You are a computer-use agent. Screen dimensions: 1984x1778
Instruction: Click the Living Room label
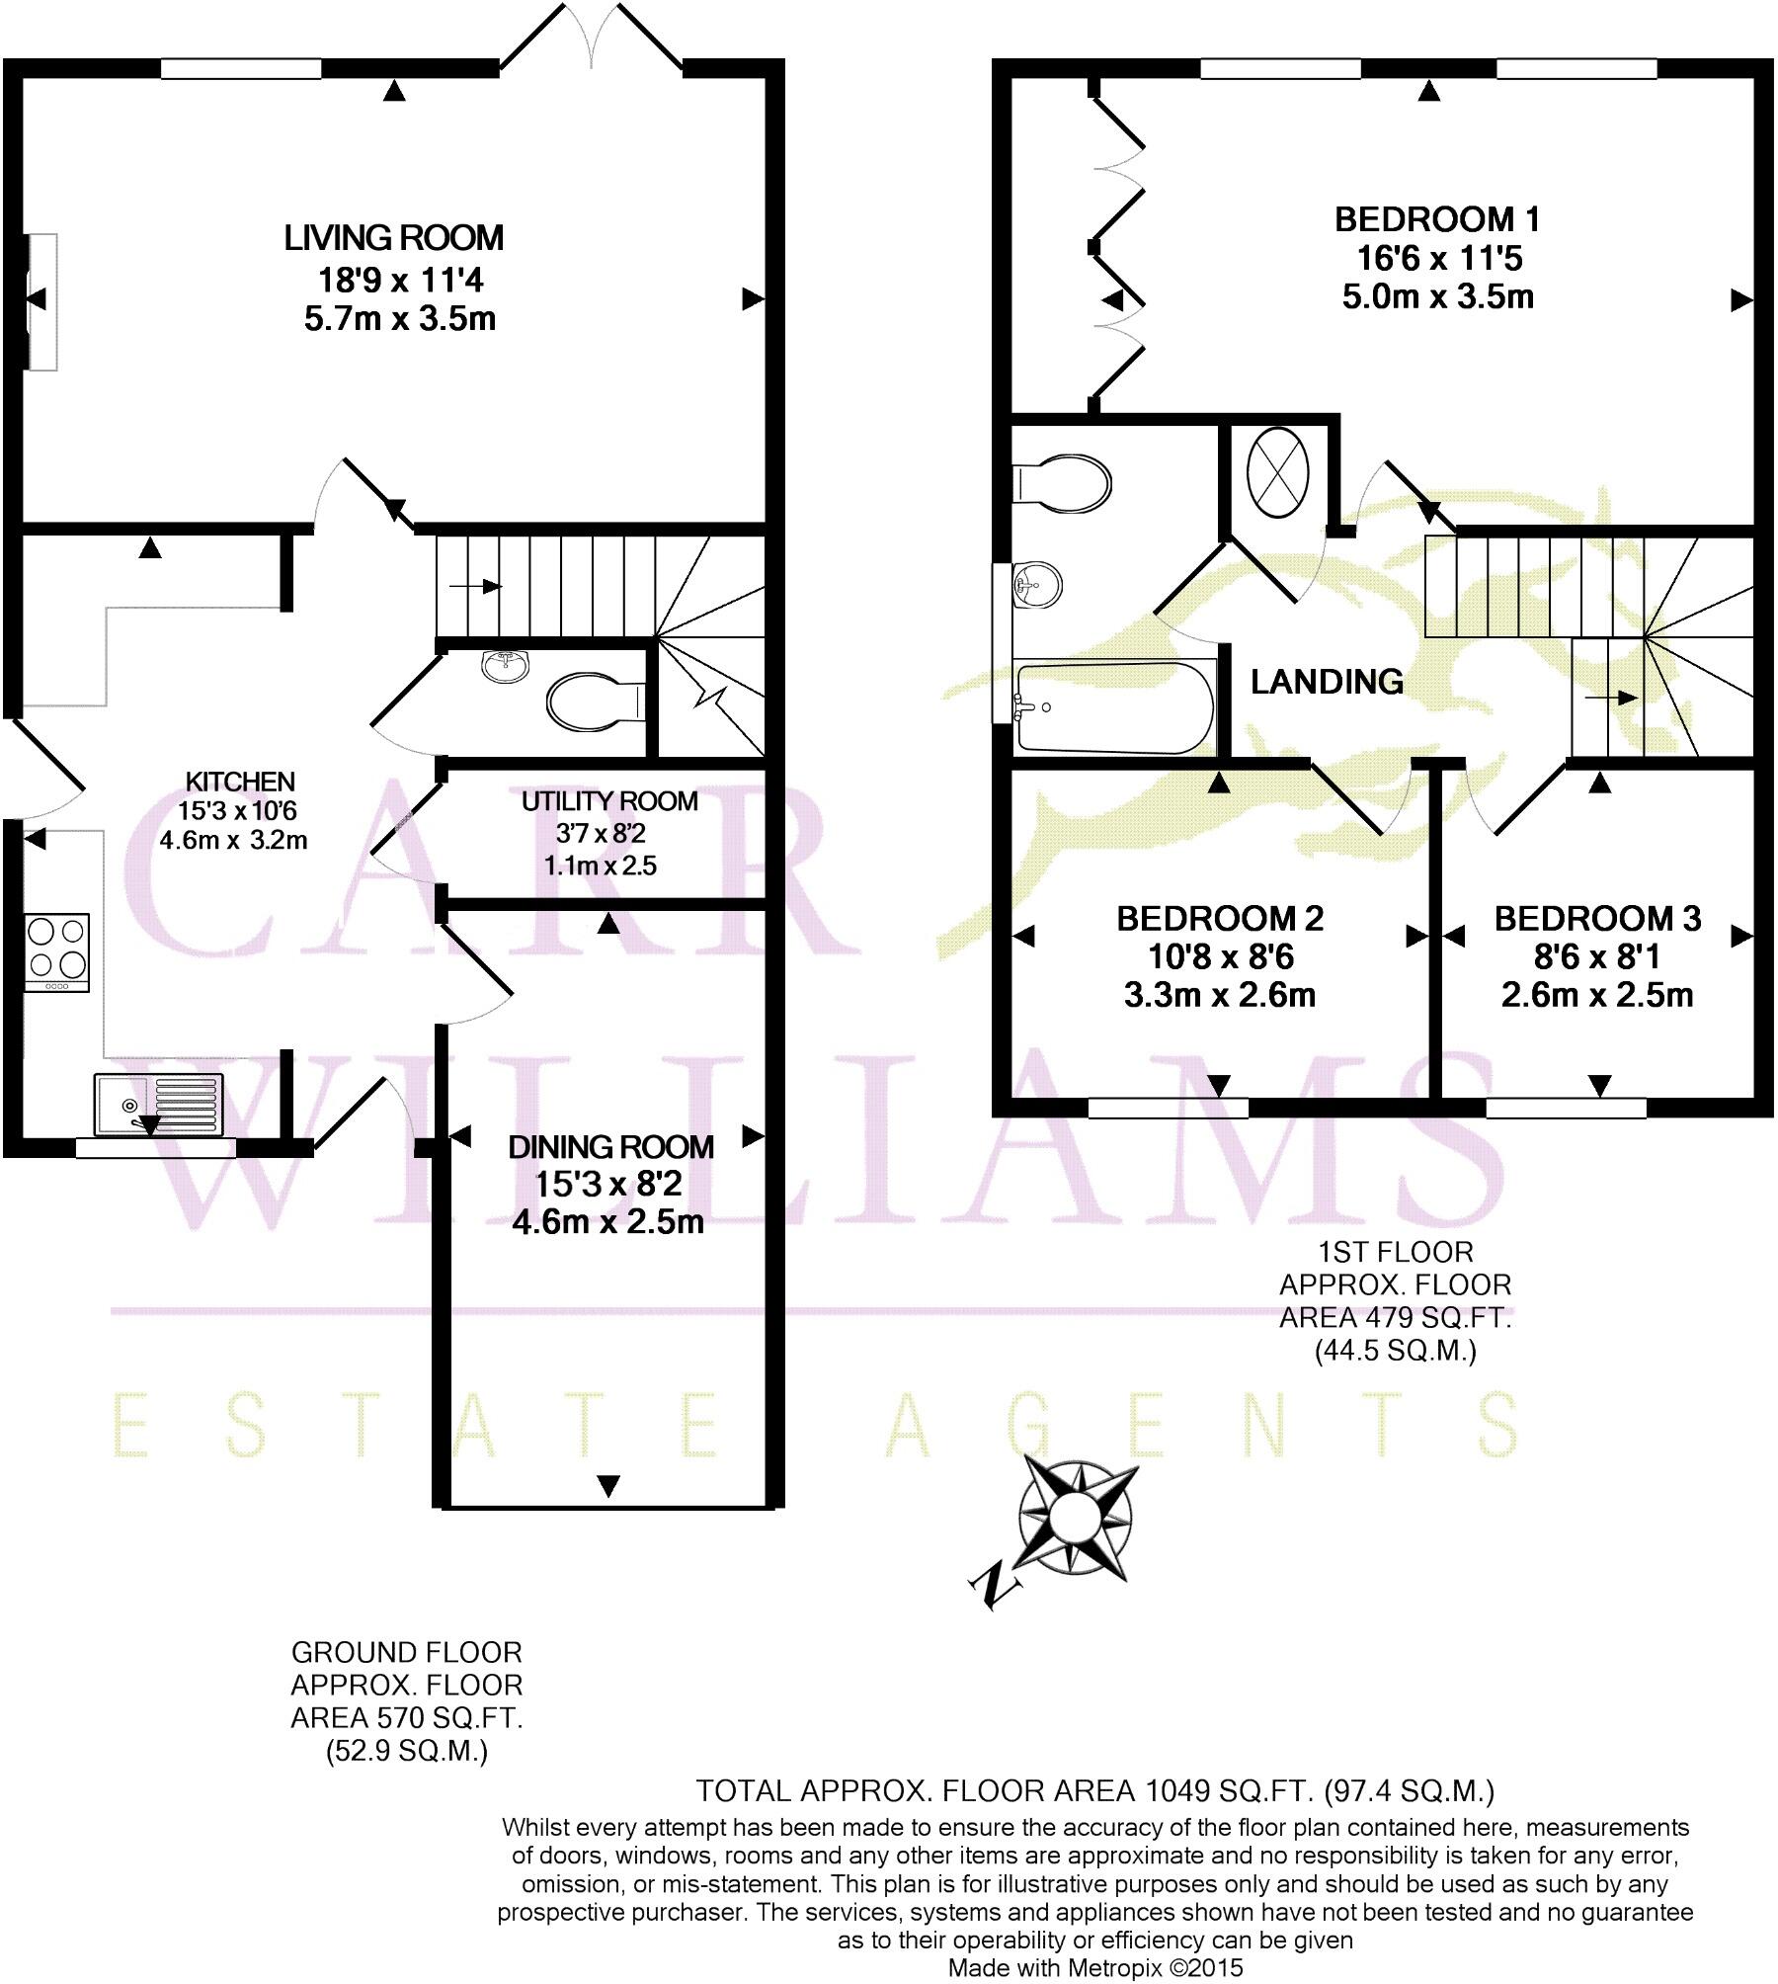pos(393,238)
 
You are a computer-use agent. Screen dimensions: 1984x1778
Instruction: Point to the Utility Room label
pos(609,801)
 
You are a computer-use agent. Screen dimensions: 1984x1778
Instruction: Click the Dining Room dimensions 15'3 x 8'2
pos(608,1184)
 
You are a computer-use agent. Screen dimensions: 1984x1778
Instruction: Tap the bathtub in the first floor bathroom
pos(1111,707)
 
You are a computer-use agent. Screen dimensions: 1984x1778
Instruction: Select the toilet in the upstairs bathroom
pos(1062,484)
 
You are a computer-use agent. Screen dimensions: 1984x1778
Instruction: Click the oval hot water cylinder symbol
pos(1278,471)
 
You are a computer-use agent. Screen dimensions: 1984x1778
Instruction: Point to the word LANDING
pos(1327,682)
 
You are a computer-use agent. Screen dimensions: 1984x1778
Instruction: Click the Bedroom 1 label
pos(1437,219)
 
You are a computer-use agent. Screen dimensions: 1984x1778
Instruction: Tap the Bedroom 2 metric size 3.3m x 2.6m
pos(1219,995)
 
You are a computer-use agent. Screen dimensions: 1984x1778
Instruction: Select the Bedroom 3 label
pos(1597,919)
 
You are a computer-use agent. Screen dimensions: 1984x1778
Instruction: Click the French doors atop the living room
pos(591,40)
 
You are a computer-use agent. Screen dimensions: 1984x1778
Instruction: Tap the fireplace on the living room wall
pos(40,301)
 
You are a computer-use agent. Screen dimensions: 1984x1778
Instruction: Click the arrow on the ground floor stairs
pos(475,587)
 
